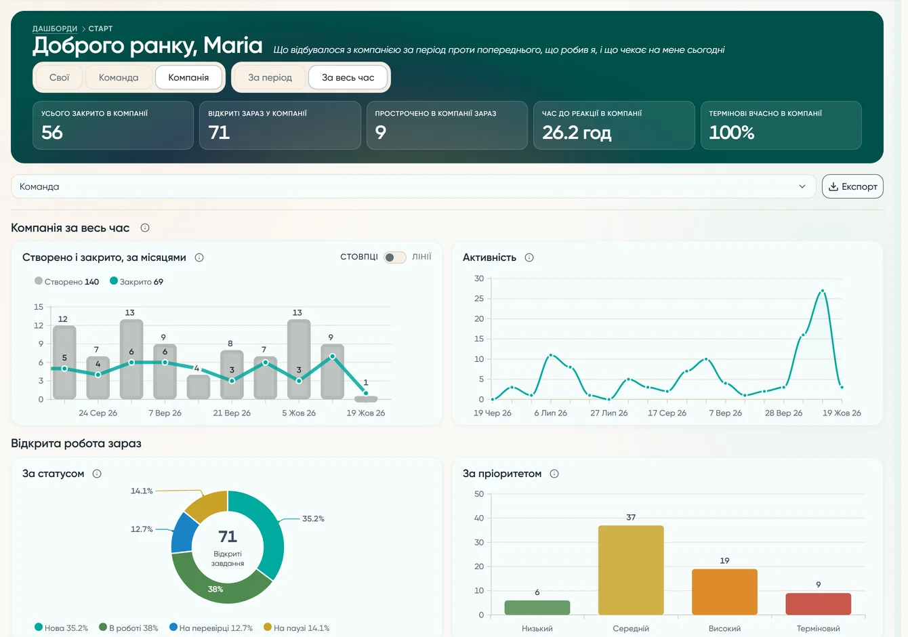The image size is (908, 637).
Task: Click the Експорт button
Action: click(852, 186)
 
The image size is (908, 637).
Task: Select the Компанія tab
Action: click(188, 77)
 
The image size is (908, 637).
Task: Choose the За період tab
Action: click(270, 77)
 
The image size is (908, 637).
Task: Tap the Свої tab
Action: click(59, 77)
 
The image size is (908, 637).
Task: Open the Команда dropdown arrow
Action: click(802, 186)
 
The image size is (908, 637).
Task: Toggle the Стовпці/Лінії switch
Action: click(394, 257)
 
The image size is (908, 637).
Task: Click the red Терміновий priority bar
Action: click(818, 604)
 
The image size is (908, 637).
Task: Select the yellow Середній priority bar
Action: click(631, 570)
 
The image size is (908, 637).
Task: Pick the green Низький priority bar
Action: click(537, 607)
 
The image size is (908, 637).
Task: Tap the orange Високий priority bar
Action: click(724, 592)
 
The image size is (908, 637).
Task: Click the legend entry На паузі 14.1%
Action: click(296, 628)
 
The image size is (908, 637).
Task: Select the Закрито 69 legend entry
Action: click(137, 281)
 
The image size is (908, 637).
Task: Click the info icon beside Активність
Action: click(529, 258)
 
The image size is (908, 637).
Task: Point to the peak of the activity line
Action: click(823, 291)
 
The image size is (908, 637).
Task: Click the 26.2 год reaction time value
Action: click(577, 133)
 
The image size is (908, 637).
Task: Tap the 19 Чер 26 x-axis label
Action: click(493, 413)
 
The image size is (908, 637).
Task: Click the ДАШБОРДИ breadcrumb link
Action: click(55, 28)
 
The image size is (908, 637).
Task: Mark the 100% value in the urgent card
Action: click(731, 133)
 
